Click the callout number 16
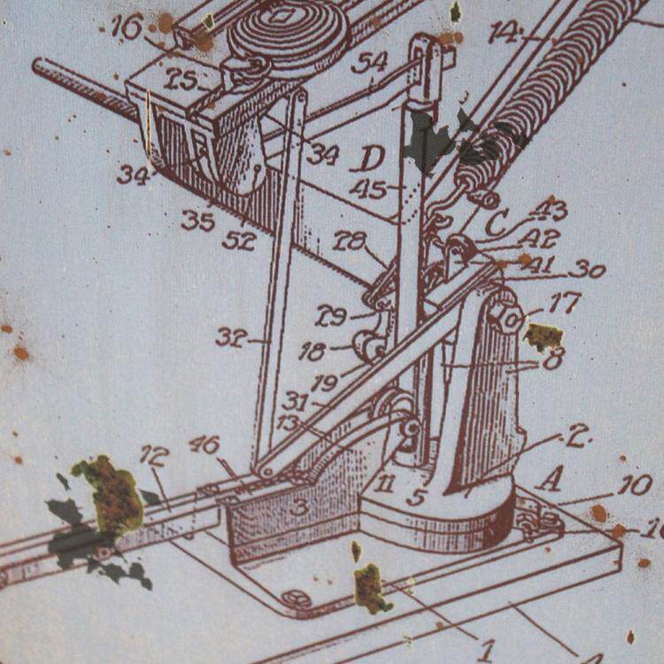click(127, 27)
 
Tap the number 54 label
click(369, 62)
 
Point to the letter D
click(371, 159)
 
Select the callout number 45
click(368, 189)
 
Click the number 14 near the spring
click(504, 33)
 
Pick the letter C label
click(497, 223)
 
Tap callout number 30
click(586, 269)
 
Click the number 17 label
click(564, 304)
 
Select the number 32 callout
click(229, 336)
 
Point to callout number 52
click(239, 239)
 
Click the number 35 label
click(197, 220)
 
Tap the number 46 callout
click(205, 444)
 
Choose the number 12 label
click(154, 456)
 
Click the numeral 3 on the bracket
click(300, 507)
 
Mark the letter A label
click(549, 480)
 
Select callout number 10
click(636, 485)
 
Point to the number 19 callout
click(325, 382)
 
